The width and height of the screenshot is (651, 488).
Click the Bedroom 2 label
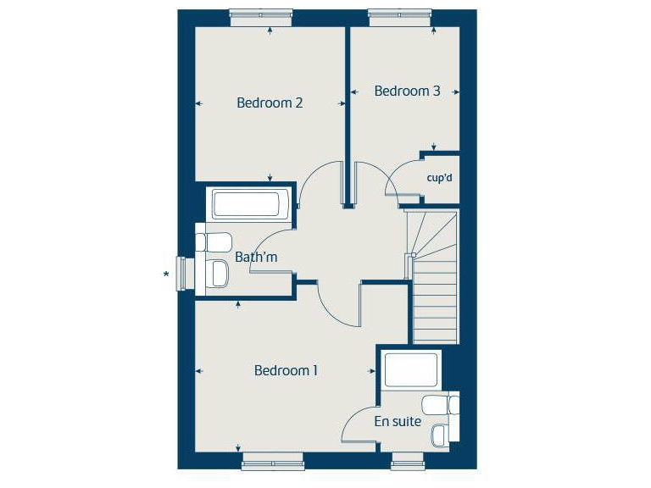point(270,103)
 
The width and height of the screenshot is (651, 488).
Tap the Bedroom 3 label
point(407,91)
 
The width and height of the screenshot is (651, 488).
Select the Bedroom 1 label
point(286,370)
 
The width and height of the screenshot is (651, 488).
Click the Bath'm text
point(256,257)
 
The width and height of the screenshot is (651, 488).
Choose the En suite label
point(397,421)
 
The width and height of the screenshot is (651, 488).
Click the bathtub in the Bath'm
point(246,205)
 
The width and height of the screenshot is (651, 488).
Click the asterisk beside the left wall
point(167,274)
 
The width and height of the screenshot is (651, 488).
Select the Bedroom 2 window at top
point(261,14)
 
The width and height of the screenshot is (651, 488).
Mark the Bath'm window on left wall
point(181,273)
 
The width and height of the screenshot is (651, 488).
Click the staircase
point(434,280)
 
